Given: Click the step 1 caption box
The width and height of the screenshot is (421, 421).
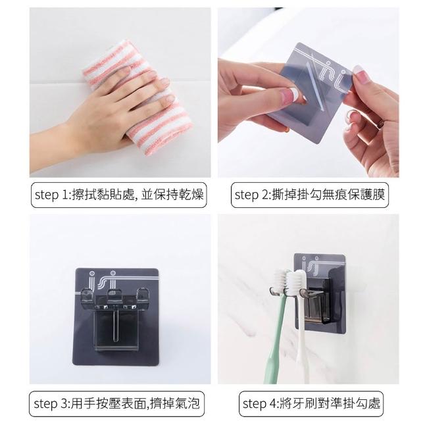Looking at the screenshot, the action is click(119, 195).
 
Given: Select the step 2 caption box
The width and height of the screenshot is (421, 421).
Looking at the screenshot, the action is click(310, 195).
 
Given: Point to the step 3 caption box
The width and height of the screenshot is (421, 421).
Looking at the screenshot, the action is click(116, 403).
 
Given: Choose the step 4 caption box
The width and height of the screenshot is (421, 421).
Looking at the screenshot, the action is click(311, 403).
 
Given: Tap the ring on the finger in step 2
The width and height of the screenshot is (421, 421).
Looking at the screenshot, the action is click(380, 124).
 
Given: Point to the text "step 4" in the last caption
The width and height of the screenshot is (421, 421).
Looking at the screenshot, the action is click(259, 404).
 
